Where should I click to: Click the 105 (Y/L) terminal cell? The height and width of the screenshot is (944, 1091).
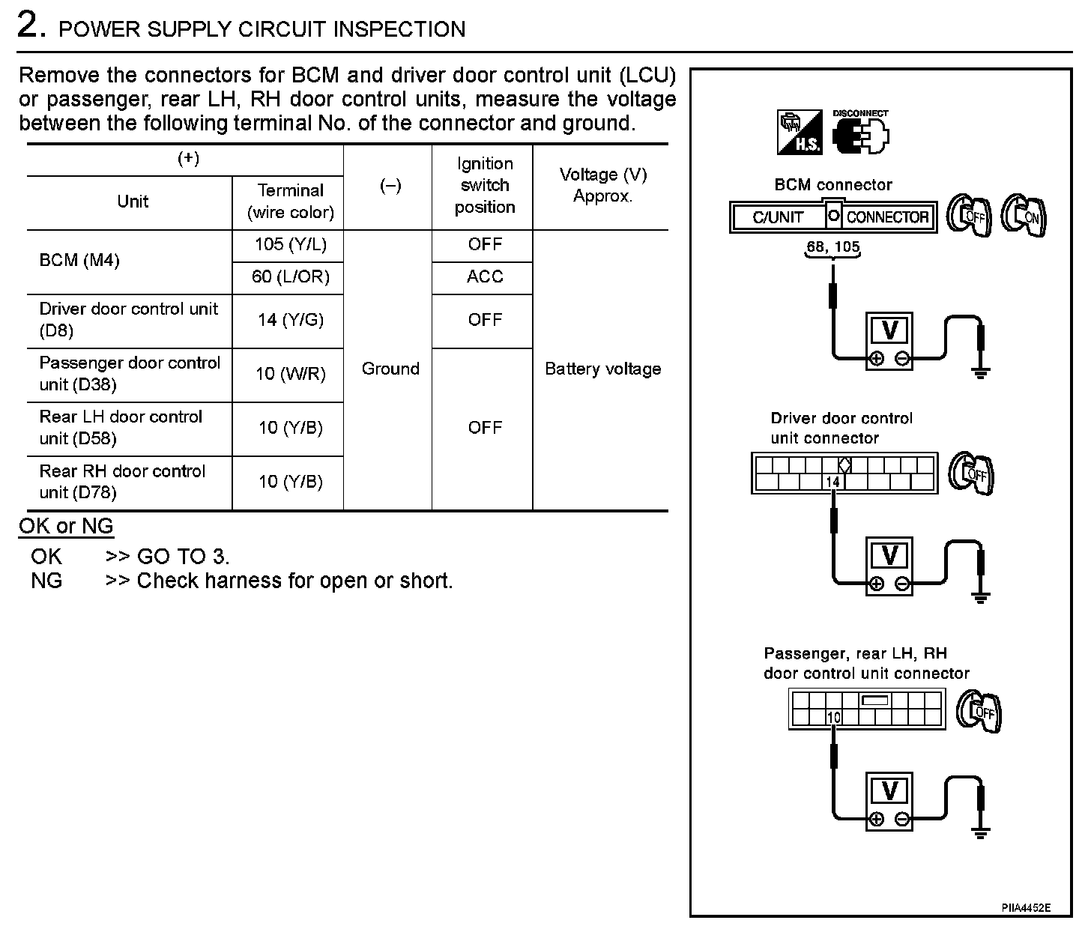click(x=290, y=244)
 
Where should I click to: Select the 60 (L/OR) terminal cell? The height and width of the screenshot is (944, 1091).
click(x=290, y=277)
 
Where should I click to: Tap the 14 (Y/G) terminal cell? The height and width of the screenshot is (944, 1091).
click(x=290, y=320)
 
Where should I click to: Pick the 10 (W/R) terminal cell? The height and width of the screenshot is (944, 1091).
click(x=290, y=373)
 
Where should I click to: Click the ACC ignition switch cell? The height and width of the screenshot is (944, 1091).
click(x=484, y=277)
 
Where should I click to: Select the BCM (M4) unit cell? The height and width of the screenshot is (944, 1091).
click(x=79, y=261)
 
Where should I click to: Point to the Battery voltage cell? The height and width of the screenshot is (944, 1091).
click(x=602, y=369)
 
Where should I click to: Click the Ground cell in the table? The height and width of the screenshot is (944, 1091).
click(x=390, y=369)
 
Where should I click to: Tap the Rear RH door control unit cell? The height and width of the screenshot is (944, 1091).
click(x=122, y=482)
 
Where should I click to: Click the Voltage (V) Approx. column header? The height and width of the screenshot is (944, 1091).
click(x=602, y=185)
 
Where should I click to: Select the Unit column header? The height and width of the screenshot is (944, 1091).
click(x=133, y=202)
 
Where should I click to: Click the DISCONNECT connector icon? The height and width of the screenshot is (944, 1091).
click(x=861, y=133)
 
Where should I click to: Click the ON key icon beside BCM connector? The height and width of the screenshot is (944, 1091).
click(x=1026, y=217)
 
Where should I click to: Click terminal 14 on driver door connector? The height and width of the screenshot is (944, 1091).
click(x=832, y=482)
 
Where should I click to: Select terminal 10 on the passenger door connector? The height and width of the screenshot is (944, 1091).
click(x=834, y=718)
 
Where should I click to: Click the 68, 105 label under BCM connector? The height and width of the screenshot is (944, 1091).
click(x=832, y=246)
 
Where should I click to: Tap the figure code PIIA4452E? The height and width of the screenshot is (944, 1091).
click(x=1026, y=908)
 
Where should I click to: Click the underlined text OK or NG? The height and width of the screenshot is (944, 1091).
click(x=66, y=526)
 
